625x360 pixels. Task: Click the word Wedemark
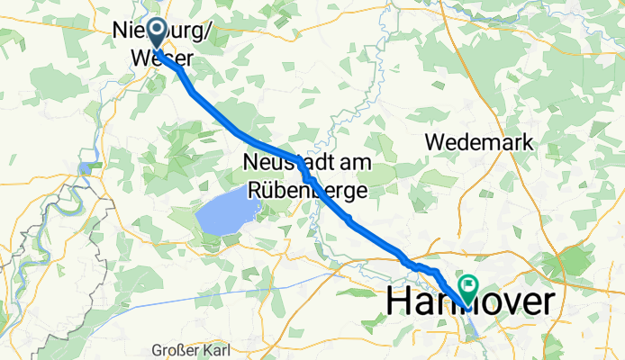point(479,142)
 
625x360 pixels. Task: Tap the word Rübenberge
point(307,190)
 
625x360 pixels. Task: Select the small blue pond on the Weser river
point(86,166)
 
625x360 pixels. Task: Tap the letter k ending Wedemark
point(528,142)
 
